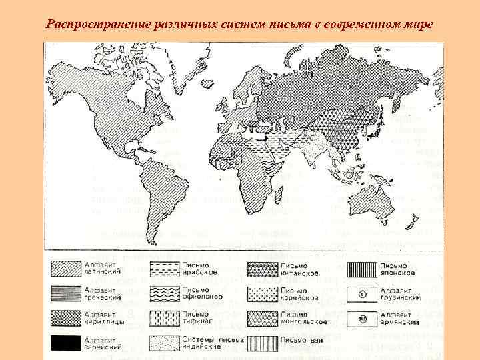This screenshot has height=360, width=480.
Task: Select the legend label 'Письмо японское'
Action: (x=401, y=268)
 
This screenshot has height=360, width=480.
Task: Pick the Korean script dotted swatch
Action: (x=262, y=293)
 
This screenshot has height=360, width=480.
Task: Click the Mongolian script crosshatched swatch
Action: (x=262, y=318)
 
